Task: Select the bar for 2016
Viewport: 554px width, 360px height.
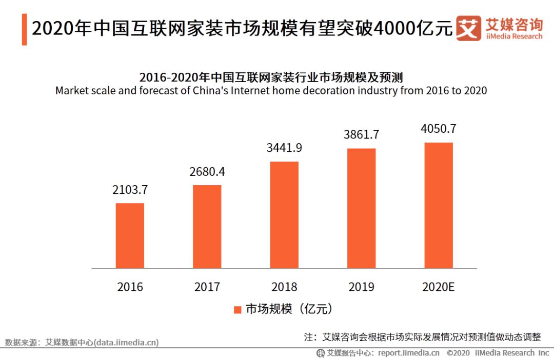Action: point(130,235)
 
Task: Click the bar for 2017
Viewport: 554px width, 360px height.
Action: point(207,226)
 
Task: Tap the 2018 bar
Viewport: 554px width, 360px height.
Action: point(284,215)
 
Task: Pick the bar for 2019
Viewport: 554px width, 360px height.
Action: point(362,208)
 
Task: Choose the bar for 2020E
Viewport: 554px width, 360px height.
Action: point(439,205)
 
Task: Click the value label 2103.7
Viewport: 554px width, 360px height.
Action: point(130,190)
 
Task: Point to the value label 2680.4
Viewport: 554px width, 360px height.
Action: point(207,172)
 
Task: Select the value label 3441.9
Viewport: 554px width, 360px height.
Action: point(284,148)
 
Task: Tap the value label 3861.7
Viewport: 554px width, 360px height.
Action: point(362,135)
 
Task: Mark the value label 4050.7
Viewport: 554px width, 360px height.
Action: point(439,129)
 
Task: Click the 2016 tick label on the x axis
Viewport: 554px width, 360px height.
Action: point(130,287)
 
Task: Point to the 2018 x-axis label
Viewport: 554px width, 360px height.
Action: point(284,287)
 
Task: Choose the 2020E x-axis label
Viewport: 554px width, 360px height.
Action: point(439,287)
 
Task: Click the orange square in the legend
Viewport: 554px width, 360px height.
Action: point(238,310)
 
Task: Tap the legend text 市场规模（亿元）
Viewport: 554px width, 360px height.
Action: point(290,309)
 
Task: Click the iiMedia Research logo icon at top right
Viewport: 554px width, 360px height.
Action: point(468,28)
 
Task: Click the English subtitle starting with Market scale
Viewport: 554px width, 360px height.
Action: point(271,91)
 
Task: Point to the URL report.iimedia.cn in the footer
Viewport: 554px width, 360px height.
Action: point(409,353)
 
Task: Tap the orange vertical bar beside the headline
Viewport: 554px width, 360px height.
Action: point(24,29)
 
